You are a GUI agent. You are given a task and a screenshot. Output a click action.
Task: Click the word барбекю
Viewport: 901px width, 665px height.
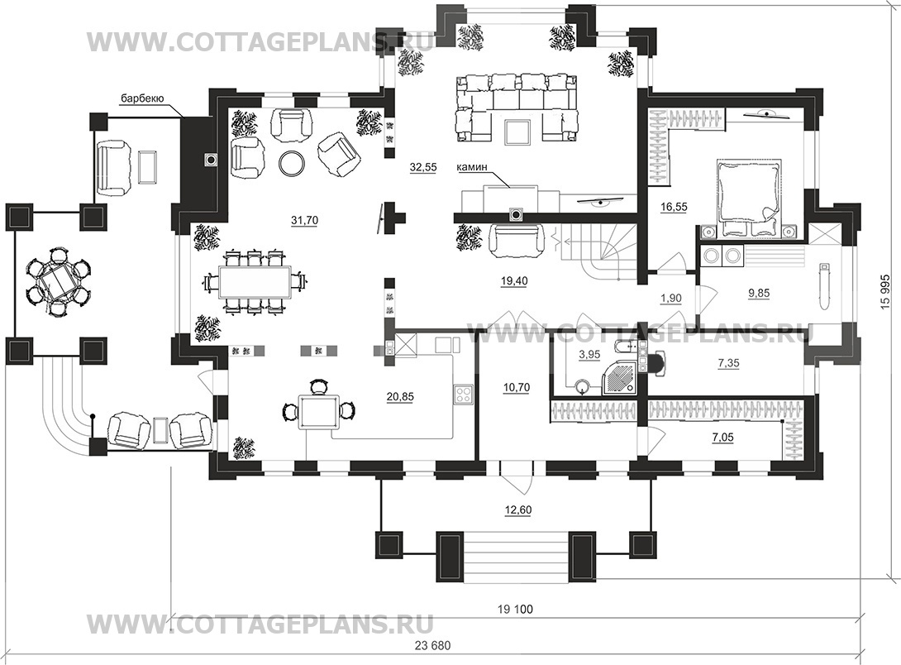pyautogui.click(x=142, y=98)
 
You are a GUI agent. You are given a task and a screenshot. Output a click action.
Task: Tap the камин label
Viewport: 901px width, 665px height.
pyautogui.click(x=472, y=167)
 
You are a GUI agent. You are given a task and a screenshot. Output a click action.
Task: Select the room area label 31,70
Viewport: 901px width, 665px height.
pyautogui.click(x=304, y=220)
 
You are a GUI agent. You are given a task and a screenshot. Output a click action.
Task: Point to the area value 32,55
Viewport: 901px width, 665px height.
pyautogui.click(x=423, y=167)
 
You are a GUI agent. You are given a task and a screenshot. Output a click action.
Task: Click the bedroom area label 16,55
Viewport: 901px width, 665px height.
pyautogui.click(x=674, y=207)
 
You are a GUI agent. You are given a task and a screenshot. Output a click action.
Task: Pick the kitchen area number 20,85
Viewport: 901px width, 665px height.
pyautogui.click(x=400, y=396)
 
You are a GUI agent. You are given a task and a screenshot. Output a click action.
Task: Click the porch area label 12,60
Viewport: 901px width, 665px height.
pyautogui.click(x=518, y=510)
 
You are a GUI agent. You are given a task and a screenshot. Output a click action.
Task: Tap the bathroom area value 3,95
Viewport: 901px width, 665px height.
pyautogui.click(x=589, y=355)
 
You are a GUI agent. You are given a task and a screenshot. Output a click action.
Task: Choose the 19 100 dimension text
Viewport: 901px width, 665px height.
pyautogui.click(x=515, y=610)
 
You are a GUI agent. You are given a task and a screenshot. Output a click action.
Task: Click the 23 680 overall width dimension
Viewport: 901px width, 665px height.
pyautogui.click(x=432, y=645)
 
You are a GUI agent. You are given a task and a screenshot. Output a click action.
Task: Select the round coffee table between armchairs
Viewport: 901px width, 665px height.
pyautogui.click(x=293, y=163)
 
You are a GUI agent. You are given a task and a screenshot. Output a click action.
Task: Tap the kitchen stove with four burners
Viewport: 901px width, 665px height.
pyautogui.click(x=463, y=394)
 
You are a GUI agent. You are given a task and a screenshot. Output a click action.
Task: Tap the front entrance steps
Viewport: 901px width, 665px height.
pyautogui.click(x=515, y=557)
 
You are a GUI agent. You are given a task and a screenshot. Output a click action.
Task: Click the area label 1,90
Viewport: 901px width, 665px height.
pyautogui.click(x=671, y=299)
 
